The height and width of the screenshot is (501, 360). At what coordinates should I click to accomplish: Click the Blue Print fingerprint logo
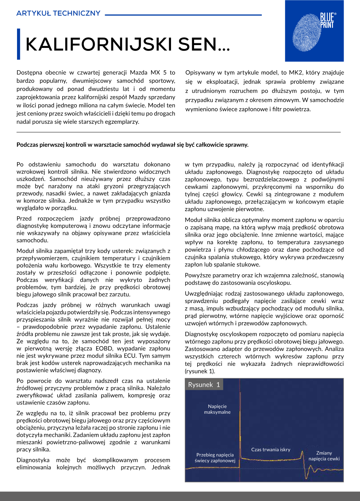click(x=314, y=31)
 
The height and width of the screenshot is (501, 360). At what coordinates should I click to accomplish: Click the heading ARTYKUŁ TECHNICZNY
click(x=59, y=13)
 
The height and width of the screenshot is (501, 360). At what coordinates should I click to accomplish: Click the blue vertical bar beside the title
click(x=18, y=44)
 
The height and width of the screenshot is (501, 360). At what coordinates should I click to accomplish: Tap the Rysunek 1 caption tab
click(x=204, y=385)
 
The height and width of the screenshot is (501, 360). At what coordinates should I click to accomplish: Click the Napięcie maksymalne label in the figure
click(x=217, y=409)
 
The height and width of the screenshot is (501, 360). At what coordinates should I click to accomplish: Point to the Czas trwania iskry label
click(x=271, y=450)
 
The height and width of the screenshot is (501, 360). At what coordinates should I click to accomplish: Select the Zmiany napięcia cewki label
click(x=324, y=456)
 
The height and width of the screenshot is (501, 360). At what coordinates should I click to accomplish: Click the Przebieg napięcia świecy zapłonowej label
click(x=215, y=458)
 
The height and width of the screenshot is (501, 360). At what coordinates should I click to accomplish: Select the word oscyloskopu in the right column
click(x=275, y=283)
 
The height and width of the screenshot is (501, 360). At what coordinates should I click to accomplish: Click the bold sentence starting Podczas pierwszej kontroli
click(x=132, y=145)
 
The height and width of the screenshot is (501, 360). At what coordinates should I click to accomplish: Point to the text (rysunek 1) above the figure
click(x=200, y=371)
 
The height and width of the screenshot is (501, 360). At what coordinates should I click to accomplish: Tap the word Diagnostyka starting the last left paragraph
click(x=33, y=460)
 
